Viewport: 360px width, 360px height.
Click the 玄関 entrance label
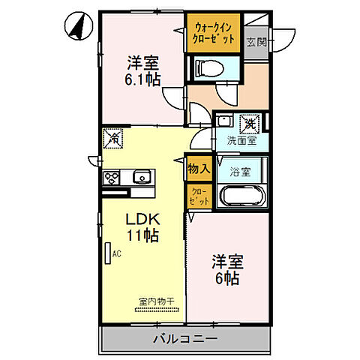point(257,42)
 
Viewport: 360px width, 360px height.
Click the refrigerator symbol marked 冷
point(115,138)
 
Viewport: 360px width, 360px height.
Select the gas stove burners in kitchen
point(112,178)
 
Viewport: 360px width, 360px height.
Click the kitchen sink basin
point(140,178)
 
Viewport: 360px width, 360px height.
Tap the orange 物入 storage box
point(197,170)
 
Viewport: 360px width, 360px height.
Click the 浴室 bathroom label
point(239,171)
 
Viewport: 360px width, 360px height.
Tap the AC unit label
point(116,254)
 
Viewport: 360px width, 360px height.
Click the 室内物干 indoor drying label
point(156,301)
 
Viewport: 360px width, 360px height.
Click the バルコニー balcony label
point(185,339)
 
